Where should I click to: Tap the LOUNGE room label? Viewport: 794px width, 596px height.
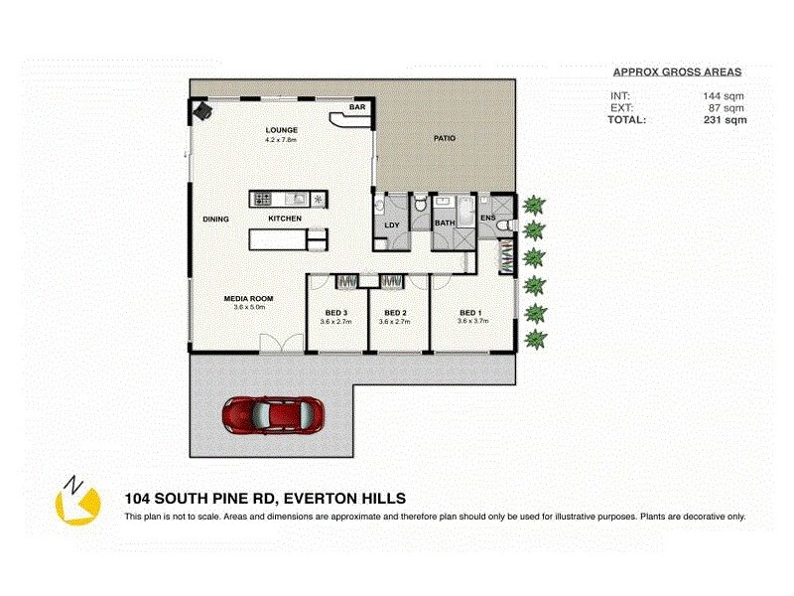[282, 131]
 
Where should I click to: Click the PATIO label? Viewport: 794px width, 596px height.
[444, 138]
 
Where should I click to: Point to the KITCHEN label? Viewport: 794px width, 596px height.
[285, 219]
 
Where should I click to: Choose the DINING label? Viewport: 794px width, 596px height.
[215, 219]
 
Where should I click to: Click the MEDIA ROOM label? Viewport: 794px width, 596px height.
[248, 299]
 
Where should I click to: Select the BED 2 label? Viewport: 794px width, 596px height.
[396, 312]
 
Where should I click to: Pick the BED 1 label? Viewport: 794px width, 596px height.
[470, 312]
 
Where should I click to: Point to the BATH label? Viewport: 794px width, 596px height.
[444, 223]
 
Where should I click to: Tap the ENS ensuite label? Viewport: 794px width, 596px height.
[487, 218]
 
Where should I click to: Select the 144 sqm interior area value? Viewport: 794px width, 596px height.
[724, 96]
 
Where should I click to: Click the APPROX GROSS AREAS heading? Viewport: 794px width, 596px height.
[677, 73]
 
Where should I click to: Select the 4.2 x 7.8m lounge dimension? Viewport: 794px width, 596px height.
[282, 141]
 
